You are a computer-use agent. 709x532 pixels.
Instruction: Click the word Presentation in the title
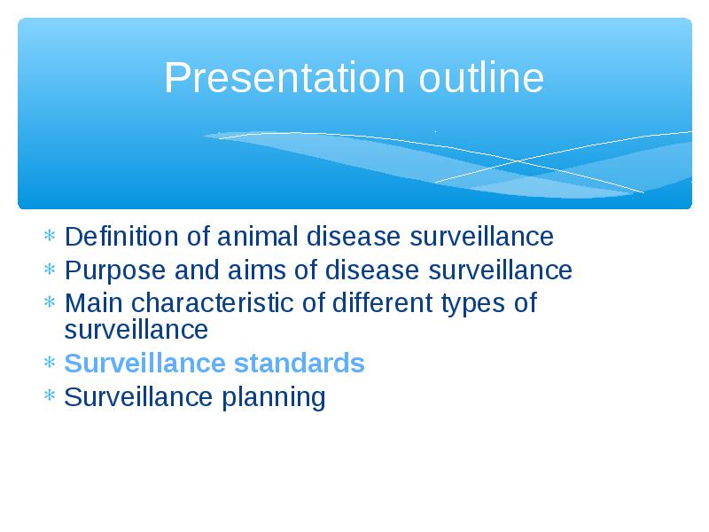click(284, 77)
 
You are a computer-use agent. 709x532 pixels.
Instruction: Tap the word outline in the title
click(481, 77)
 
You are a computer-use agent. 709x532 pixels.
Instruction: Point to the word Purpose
click(115, 271)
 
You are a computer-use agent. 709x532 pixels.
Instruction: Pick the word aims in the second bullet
click(256, 270)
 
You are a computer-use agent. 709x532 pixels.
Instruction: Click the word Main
click(94, 302)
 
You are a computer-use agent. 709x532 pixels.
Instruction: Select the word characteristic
click(212, 302)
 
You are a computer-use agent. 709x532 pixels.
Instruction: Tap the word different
click(382, 302)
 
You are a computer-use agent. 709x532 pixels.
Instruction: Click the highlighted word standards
click(299, 363)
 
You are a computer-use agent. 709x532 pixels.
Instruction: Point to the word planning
click(273, 398)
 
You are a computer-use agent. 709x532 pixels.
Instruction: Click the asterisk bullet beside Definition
click(50, 235)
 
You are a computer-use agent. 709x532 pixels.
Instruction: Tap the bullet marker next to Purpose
click(50, 270)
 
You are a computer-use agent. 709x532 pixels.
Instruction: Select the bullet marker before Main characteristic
click(50, 301)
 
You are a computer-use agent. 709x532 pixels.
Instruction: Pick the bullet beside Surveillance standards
click(50, 362)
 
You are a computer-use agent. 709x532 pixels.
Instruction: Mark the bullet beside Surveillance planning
click(50, 395)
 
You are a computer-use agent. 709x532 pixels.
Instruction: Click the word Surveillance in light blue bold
click(144, 363)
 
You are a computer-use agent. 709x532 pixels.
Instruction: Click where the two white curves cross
click(518, 160)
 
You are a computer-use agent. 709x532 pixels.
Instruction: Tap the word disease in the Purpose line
click(371, 270)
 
